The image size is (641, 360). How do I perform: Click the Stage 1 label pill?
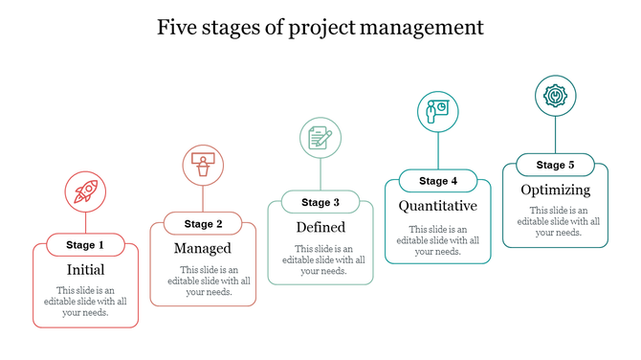point(86,245)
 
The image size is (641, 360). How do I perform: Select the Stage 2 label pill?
point(204,224)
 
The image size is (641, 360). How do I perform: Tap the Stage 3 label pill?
point(320,202)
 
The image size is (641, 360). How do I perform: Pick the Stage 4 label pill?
point(438,181)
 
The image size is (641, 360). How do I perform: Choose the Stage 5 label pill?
point(555,165)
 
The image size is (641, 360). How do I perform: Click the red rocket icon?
point(85,191)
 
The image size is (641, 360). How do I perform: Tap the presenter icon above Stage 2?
point(202,165)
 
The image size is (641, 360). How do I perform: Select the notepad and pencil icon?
point(320,137)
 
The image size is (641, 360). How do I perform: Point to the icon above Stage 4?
point(438,110)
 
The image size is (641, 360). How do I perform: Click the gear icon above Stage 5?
point(554,96)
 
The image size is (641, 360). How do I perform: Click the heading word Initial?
point(85,270)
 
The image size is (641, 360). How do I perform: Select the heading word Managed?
point(203,249)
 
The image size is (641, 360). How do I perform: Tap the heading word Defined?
point(320,227)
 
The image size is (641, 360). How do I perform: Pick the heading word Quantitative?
point(437,206)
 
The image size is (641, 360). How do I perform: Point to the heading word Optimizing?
point(555,190)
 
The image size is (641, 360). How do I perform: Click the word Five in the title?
point(178,27)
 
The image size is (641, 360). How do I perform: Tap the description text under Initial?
point(85,301)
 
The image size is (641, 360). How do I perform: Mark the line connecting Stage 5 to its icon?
point(555,134)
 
